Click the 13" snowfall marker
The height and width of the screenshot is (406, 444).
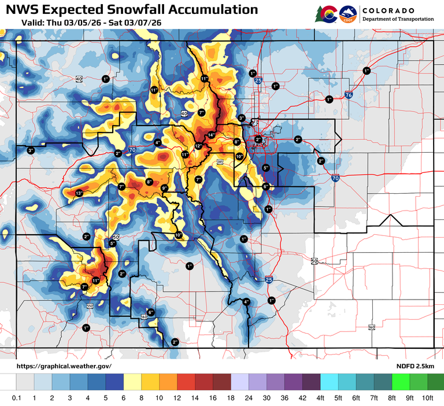79,193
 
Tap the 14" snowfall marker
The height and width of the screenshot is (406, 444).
211,135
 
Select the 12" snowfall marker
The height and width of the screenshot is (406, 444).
198,146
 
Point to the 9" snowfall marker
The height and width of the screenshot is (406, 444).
164,189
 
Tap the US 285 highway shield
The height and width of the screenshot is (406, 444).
220,163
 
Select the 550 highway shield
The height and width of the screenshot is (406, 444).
90,305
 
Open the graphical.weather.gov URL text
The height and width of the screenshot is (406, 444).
64,366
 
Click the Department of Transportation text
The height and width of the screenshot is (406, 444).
398,19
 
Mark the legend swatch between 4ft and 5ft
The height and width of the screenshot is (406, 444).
329,382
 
